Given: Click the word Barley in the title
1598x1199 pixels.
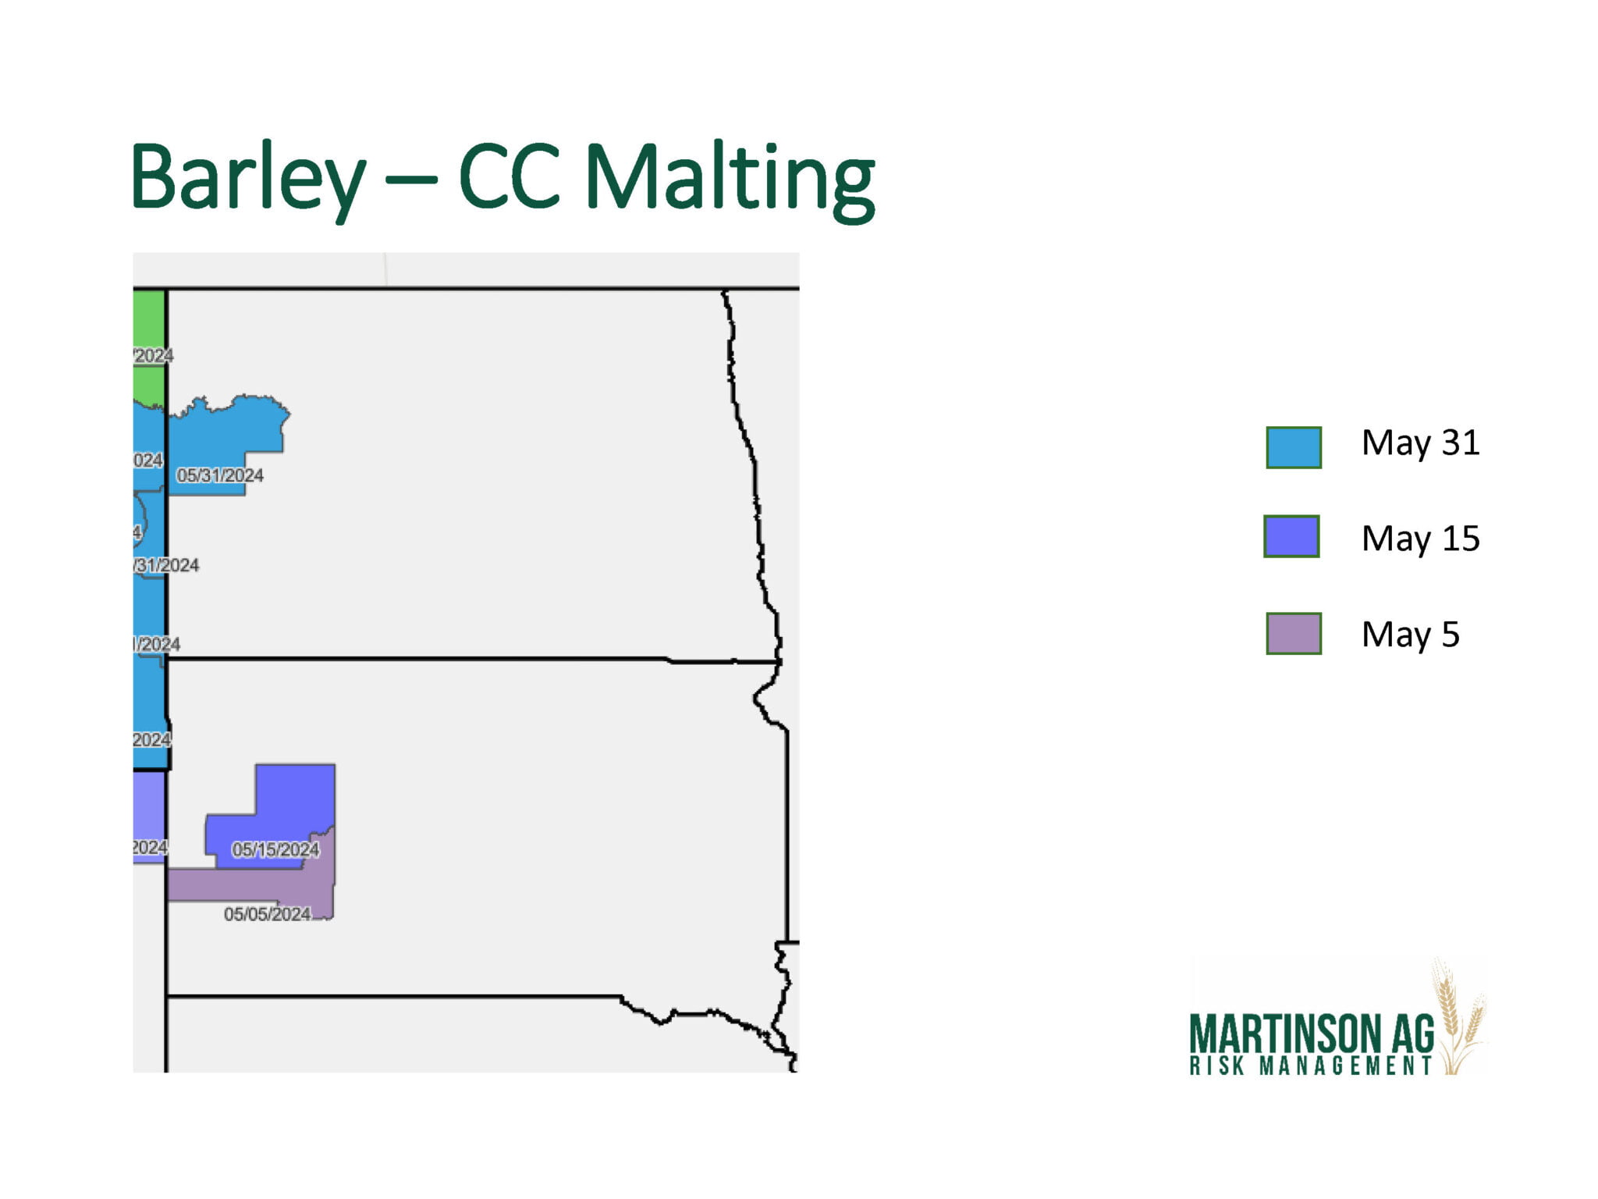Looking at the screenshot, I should pos(247,178).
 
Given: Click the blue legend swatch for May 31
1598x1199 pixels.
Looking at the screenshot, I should pos(1293,447).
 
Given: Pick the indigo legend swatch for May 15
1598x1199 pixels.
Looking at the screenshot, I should pos(1291,536).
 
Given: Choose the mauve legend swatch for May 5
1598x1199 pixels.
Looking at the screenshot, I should pos(1293,633).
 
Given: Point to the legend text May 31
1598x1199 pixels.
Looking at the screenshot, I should pos(1420,443).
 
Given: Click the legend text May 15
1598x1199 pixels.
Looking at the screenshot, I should pos(1420,539).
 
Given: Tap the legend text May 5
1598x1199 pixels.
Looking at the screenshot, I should pos(1410,635).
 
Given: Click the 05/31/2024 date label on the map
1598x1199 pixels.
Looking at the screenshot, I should pos(220,475).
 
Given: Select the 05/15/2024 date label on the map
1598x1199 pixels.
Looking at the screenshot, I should pos(275,849).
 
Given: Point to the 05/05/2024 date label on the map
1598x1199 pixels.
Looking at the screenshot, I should pos(267,914).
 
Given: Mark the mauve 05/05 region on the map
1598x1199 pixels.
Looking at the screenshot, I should pos(234,884).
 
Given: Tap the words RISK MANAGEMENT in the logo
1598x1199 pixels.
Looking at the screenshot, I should pos(1311,1066).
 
